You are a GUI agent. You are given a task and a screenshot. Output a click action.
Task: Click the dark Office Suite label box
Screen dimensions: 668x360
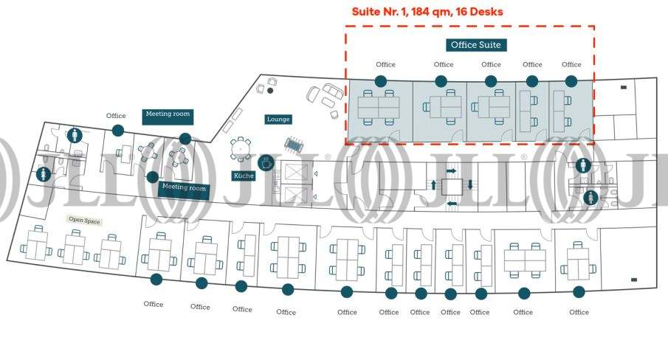pyautogui.click(x=476, y=45)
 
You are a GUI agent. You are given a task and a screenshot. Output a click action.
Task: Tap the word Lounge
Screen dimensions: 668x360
pyautogui.click(x=278, y=120)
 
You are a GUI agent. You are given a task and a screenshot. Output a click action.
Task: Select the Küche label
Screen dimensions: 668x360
pyautogui.click(x=244, y=176)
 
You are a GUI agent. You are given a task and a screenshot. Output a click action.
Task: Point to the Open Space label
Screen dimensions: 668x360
pyautogui.click(x=84, y=220)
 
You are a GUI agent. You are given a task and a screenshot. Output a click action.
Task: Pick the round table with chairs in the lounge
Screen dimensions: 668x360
pyautogui.click(x=241, y=148)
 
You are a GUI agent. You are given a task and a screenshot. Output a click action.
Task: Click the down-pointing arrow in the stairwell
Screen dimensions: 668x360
pyautogui.click(x=469, y=184)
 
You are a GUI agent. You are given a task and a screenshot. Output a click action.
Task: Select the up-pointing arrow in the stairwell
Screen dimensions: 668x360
pyautogui.click(x=433, y=185)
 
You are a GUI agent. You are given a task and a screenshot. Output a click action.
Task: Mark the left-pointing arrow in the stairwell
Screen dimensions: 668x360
pyautogui.click(x=451, y=203)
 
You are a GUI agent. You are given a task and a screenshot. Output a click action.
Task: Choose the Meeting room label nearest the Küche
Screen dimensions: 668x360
pyautogui.click(x=184, y=188)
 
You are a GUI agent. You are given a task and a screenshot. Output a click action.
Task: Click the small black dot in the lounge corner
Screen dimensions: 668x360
pyautogui.click(x=270, y=91)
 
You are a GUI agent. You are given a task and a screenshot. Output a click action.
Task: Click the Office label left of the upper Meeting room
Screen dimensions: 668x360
pyautogui.click(x=116, y=116)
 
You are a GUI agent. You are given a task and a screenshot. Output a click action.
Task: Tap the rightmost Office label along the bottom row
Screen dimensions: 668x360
pyautogui.click(x=579, y=312)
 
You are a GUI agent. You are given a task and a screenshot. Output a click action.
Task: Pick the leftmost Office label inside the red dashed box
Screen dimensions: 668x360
pyautogui.click(x=385, y=65)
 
